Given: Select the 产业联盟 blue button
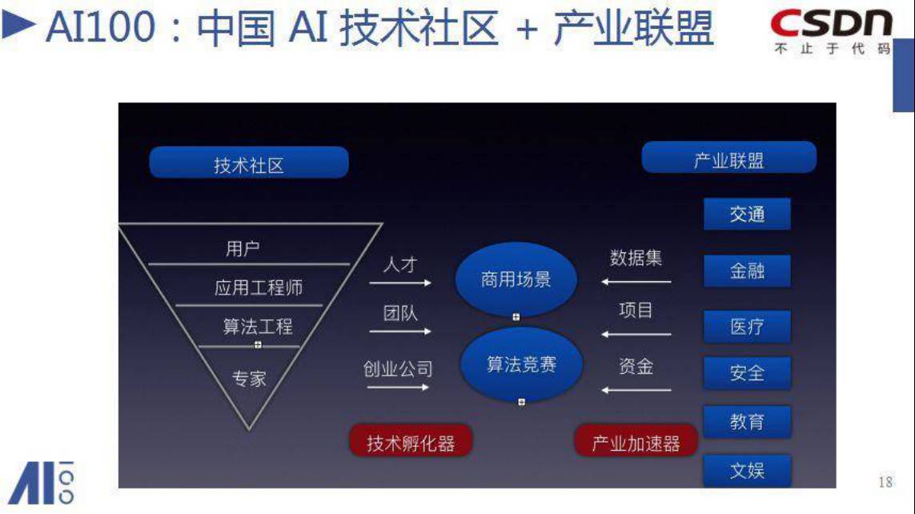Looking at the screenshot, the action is (728, 159).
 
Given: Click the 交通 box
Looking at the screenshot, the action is (747, 214).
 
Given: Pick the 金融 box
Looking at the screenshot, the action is (747, 271).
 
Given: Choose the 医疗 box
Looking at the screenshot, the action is (747, 327).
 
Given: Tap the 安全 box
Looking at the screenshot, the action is (747, 373).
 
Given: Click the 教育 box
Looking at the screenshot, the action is (747, 422).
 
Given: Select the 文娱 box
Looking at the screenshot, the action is (747, 471).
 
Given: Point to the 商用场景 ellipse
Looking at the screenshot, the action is (516, 279).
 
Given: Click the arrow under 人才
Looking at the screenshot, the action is (399, 283).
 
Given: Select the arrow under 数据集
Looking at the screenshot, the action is (636, 282).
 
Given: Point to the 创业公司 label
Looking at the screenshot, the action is (398, 368).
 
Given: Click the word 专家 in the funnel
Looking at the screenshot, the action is (249, 378).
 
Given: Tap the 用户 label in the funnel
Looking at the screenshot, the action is (243, 249).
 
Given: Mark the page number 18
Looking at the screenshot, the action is (885, 482).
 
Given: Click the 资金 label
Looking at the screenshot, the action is (636, 367).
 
